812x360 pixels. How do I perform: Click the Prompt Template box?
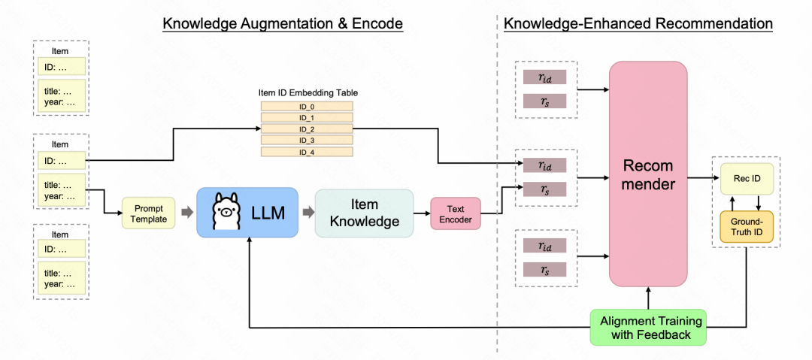click(x=149, y=213)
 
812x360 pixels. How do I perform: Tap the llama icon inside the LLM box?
click(x=225, y=213)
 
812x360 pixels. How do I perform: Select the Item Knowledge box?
click(x=364, y=213)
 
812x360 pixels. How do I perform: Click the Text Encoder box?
click(x=455, y=213)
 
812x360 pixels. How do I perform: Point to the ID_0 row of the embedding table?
click(x=307, y=107)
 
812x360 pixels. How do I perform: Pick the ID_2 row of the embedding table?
click(x=307, y=129)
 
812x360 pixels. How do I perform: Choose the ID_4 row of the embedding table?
click(x=307, y=152)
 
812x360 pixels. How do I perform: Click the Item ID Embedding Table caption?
click(x=308, y=92)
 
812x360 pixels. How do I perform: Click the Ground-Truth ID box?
click(x=747, y=225)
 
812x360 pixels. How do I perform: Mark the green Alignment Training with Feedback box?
click(x=648, y=328)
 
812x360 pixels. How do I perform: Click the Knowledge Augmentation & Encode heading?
click(x=283, y=24)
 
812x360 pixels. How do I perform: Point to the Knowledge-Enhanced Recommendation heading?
click(x=638, y=24)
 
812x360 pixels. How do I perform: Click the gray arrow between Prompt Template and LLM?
click(x=185, y=213)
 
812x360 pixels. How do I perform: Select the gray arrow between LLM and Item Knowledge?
click(x=307, y=213)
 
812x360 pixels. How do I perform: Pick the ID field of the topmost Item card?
click(x=62, y=67)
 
